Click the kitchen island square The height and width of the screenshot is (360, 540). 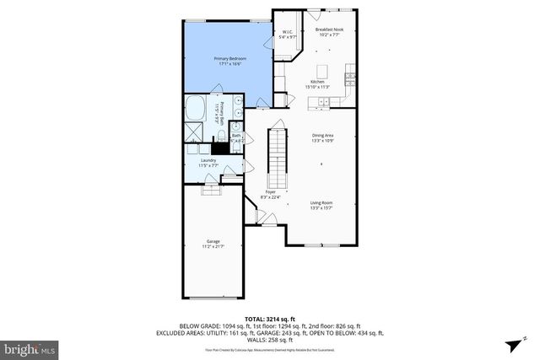[x=322, y=70]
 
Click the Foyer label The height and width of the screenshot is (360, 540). [x=271, y=192]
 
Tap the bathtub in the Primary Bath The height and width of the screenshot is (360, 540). [x=195, y=109]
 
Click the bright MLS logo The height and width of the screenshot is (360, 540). [x=30, y=347]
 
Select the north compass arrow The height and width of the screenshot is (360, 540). [x=514, y=346]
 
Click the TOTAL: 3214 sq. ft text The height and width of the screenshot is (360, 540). [x=269, y=318]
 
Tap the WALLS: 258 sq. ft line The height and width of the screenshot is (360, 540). [x=269, y=339]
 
